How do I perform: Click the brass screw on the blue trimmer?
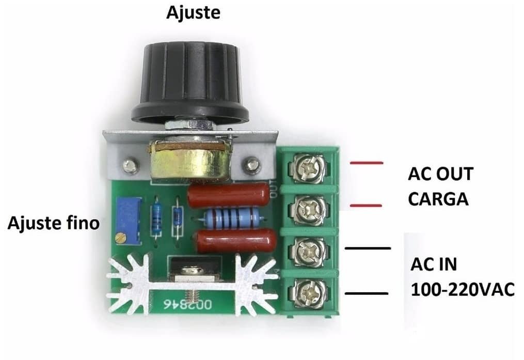click(120, 238)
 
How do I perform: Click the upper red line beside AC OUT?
click(366, 163)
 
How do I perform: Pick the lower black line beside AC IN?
click(367, 293)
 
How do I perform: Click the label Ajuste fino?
click(54, 223)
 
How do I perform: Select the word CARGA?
click(438, 199)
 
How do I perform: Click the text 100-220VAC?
click(463, 289)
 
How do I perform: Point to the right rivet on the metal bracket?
click(252, 164)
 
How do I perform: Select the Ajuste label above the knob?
click(194, 13)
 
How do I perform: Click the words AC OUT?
click(441, 174)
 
